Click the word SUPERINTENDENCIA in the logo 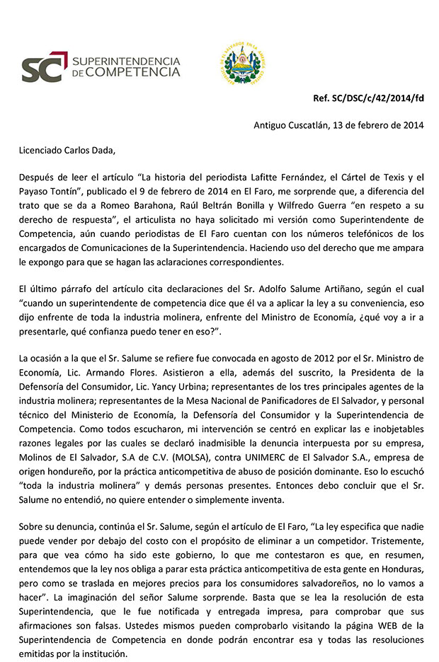(x=126, y=60)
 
